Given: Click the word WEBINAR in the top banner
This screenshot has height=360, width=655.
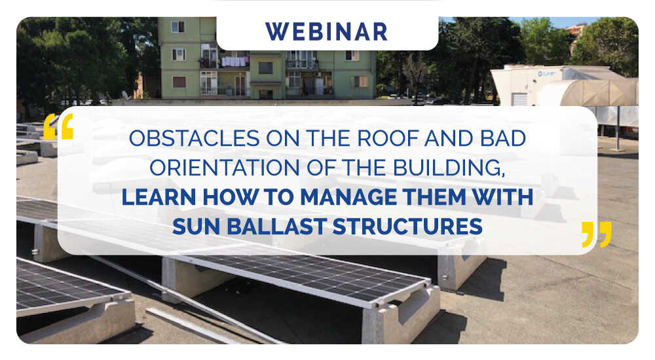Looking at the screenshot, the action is [326, 32].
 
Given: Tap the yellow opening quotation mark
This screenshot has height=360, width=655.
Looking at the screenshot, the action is [58, 126].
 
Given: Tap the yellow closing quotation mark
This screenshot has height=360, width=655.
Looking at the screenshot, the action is [597, 234].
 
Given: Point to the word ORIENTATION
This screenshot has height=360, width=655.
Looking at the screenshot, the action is [224, 168].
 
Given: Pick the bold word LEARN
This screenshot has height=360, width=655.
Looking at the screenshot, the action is [159, 197].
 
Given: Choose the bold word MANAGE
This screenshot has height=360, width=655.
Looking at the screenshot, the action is [348, 197].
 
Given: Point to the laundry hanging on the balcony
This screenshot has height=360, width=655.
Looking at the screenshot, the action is [234, 62].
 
